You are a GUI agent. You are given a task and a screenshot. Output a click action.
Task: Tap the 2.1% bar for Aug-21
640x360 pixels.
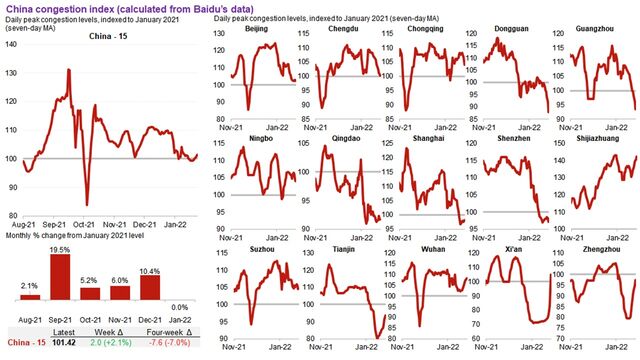click(29, 297)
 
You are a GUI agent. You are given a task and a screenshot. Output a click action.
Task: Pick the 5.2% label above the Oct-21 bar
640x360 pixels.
click(90, 281)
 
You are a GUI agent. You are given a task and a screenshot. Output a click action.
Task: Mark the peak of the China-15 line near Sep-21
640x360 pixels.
click(68, 70)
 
